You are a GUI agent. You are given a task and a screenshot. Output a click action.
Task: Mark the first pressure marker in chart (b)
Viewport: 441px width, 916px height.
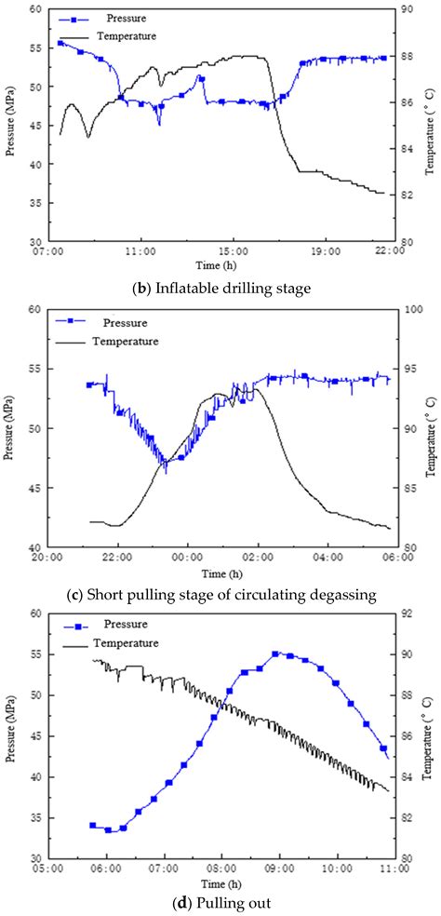pyautogui.click(x=61, y=43)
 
